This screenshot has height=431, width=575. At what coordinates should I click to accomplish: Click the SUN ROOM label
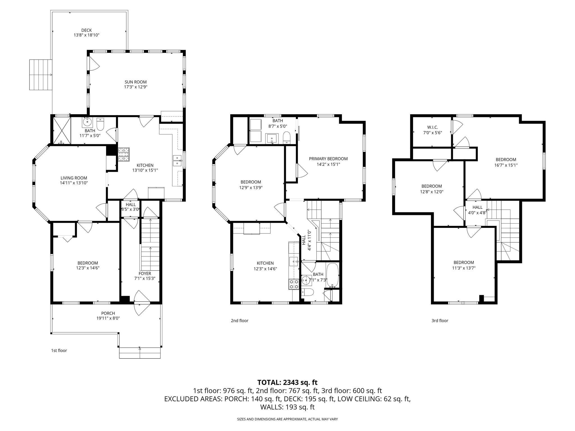point(136,82)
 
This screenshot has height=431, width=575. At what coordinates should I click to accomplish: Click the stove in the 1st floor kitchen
point(124,154)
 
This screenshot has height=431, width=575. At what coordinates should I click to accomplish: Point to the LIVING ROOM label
point(74,178)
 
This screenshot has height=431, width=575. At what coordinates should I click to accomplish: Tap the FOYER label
point(145,273)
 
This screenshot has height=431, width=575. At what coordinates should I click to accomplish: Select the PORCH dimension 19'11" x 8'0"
point(108,318)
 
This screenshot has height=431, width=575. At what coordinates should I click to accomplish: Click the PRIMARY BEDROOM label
point(328,159)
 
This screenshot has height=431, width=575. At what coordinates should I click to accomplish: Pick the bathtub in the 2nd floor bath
point(333,275)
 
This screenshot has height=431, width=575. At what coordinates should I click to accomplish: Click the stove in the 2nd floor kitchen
point(294,284)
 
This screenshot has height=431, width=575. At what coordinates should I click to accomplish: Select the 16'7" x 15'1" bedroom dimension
point(506,165)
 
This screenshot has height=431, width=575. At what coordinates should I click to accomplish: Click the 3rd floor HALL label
point(477,207)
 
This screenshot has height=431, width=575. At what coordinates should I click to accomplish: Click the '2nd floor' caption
point(239,320)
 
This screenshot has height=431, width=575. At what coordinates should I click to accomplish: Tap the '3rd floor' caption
point(440,320)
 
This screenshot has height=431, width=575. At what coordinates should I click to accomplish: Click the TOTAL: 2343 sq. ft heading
point(287,382)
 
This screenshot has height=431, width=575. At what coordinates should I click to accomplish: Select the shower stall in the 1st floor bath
point(61,130)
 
